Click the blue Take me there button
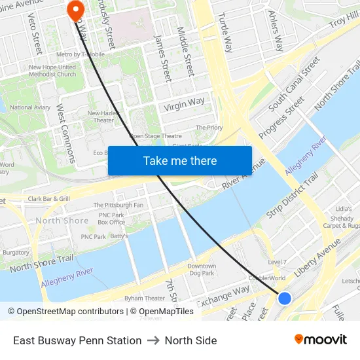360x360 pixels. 179,160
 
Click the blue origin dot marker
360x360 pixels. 284,298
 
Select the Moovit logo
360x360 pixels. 320,340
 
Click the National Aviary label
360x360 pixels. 30,107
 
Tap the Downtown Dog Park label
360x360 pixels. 201,270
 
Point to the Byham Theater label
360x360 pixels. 145,298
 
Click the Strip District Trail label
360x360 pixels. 293,196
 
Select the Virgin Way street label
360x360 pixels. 184,104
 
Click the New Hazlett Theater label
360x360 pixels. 103,117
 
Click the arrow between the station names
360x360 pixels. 153,340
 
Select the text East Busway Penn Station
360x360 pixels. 77,340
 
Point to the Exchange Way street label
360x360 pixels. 223,295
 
